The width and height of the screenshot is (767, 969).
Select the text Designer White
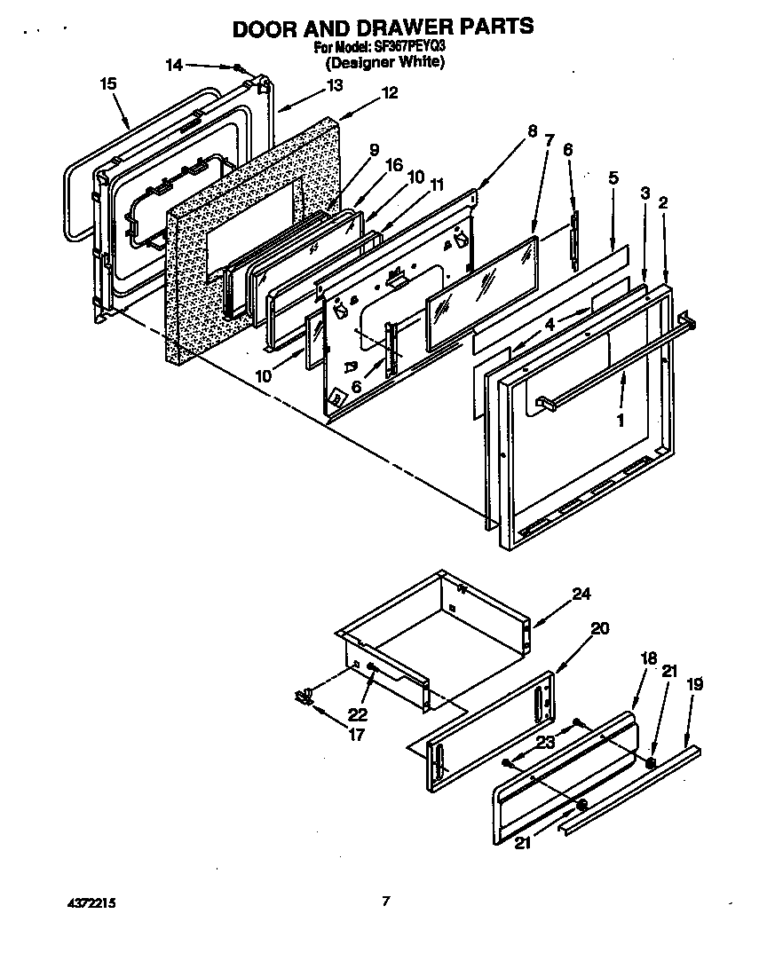[x=383, y=63]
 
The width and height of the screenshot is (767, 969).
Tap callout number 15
[x=108, y=83]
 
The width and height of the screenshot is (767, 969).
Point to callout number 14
[x=174, y=65]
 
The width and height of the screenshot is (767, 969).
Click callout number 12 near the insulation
[x=390, y=92]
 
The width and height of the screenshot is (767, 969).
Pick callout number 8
[x=532, y=131]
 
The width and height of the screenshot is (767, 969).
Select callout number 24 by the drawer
[x=581, y=594]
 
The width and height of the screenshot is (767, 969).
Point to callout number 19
[x=694, y=684]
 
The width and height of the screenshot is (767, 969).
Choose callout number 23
[x=545, y=743]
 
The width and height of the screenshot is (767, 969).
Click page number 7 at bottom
[x=385, y=902]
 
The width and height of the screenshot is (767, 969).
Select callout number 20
[x=600, y=628]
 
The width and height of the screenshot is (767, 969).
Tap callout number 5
[x=613, y=177]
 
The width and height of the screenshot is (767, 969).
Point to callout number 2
[x=662, y=203]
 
